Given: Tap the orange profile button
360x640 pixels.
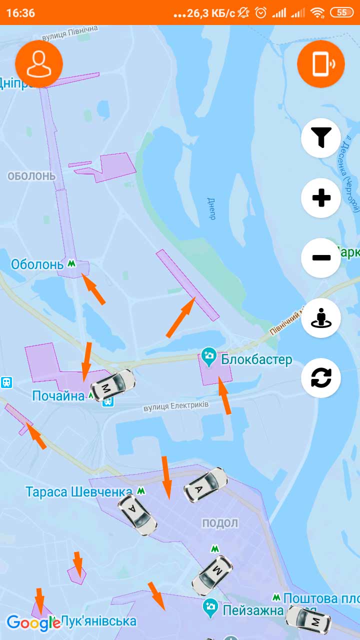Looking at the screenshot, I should (39, 64).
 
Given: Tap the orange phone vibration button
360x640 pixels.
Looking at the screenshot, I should (321, 64).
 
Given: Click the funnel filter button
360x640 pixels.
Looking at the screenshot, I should (321, 137).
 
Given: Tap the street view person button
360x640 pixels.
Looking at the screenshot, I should (321, 318).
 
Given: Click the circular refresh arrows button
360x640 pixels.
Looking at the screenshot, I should (321, 378).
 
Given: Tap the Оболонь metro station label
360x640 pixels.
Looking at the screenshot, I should (37, 264).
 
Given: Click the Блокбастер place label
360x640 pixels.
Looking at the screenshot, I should (256, 360).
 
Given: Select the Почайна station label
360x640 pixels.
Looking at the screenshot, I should (58, 396).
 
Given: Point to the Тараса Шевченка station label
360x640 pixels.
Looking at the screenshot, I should (79, 492).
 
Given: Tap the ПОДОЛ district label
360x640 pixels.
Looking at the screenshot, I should (220, 523).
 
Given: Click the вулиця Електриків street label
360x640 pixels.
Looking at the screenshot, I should (176, 407).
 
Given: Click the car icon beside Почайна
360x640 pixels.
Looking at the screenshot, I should (112, 384).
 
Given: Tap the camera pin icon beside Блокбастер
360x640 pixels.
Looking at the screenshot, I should (209, 356).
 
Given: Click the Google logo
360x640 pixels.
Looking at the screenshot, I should (33, 622).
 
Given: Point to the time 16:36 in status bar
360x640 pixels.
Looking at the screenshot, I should (20, 12).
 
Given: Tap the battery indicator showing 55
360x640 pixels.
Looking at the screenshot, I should (341, 12).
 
